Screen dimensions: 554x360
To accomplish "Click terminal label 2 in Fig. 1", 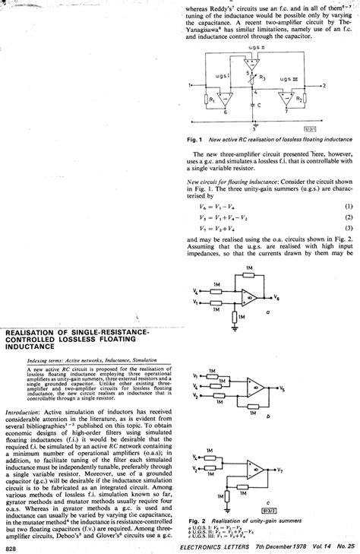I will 324,86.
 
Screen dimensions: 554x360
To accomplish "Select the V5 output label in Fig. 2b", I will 283,388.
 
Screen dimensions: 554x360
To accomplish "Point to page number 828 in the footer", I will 11,548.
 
